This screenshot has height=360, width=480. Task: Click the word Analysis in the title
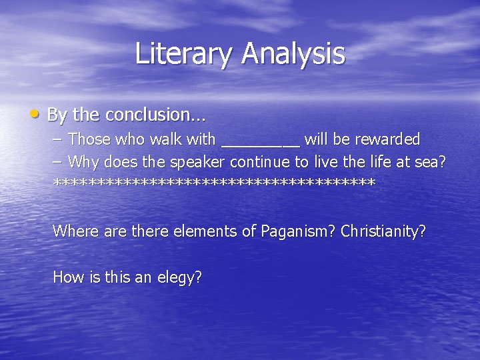point(293,53)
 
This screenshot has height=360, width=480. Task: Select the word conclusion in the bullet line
point(152,115)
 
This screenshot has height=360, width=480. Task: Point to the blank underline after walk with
point(260,143)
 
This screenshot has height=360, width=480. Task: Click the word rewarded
point(387,139)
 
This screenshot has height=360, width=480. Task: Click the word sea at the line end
point(433,162)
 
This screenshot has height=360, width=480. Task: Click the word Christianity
point(383,231)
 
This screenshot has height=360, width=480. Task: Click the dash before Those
point(57,140)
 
